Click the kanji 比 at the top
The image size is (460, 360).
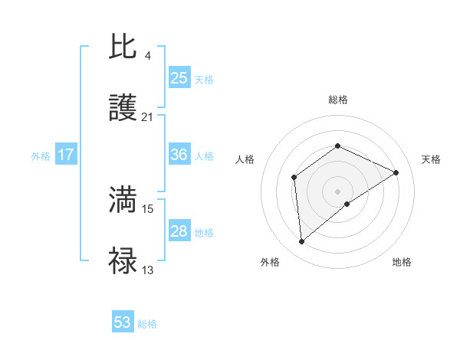coord(123,47)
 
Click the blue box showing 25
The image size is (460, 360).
coord(179,78)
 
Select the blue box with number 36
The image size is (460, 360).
coord(179,155)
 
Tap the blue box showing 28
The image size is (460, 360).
coord(179,231)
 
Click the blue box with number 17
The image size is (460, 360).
coord(65,155)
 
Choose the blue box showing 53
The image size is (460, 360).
coord(123,322)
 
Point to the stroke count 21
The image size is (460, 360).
coord(147,117)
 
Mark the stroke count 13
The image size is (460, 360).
coord(147,270)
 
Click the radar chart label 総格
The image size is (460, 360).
coord(338,100)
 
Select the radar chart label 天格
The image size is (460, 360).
coord(431,159)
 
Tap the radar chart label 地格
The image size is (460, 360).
coord(402,262)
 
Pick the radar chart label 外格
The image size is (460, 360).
coord(270,262)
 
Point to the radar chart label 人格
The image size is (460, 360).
coord(245,159)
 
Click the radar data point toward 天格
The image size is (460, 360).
coord(396,172)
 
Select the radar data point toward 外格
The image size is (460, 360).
coord(302,241)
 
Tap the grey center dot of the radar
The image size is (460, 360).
coord(338,191)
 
